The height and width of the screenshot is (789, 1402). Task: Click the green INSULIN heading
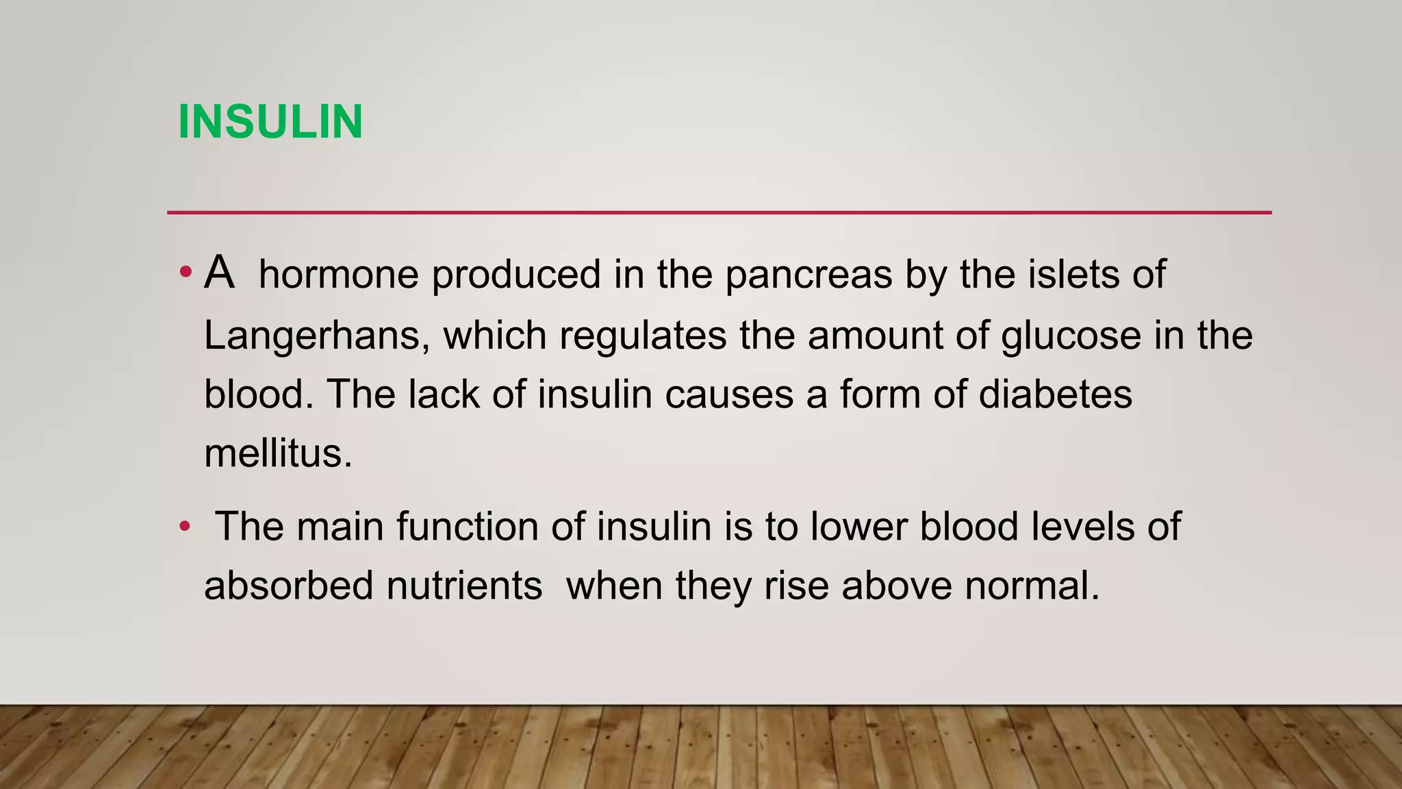(x=270, y=122)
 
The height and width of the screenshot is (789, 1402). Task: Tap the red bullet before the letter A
(x=185, y=273)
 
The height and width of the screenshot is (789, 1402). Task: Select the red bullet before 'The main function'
(x=184, y=527)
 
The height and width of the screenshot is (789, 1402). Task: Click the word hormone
(x=339, y=274)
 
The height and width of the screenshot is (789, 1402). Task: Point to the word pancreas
(x=808, y=275)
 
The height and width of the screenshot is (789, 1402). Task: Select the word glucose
(x=1071, y=336)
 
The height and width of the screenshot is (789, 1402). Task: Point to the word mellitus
(x=278, y=453)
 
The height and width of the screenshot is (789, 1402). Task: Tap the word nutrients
(x=464, y=586)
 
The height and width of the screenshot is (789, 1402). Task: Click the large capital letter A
(x=219, y=273)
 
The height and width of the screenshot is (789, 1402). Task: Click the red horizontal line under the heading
(x=719, y=212)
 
